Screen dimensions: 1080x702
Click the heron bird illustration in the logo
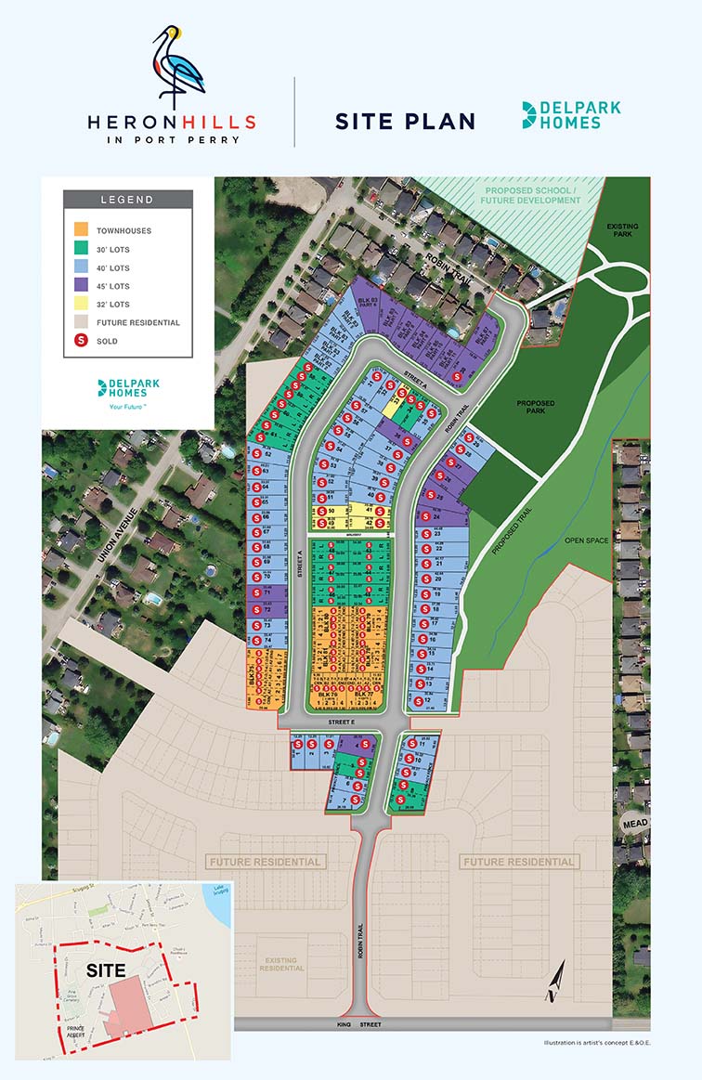(x=177, y=64)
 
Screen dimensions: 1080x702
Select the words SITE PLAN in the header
(x=405, y=122)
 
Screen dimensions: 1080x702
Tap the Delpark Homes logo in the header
(x=571, y=115)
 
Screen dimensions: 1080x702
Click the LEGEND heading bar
(x=127, y=200)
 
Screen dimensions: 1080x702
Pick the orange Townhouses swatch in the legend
(x=81, y=229)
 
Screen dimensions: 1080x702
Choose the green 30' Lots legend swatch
(x=81, y=249)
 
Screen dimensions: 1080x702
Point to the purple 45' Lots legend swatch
(x=81, y=286)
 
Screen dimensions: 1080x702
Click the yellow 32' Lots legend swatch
(x=81, y=305)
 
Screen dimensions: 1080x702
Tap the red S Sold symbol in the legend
(x=81, y=341)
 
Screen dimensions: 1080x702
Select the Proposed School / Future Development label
(x=530, y=195)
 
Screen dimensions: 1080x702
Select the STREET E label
(x=341, y=721)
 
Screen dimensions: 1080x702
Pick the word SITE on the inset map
(x=105, y=969)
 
